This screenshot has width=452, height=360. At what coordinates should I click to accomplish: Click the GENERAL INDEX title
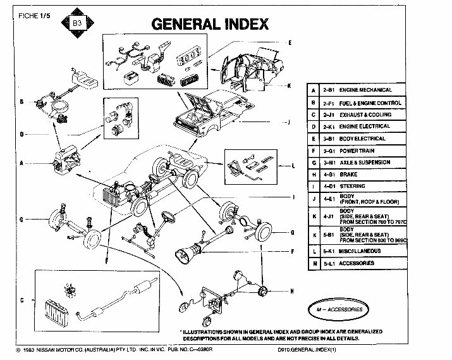pyautogui.click(x=211, y=25)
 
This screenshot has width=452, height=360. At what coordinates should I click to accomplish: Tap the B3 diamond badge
pyautogui.click(x=78, y=23)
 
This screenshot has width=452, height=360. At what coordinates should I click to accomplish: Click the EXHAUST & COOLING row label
pyautogui.click(x=365, y=115)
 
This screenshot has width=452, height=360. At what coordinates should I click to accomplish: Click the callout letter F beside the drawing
pyautogui.click(x=292, y=251)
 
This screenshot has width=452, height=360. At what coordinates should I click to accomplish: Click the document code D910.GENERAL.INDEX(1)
pyautogui.click(x=310, y=349)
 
